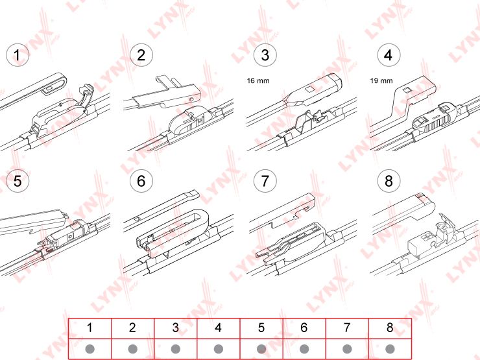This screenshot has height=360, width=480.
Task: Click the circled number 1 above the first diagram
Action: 18,55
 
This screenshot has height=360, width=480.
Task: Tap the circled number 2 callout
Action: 141,55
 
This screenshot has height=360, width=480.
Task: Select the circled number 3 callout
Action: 264,55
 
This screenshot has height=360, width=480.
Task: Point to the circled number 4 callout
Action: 388,55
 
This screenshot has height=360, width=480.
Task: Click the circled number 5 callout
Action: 18,181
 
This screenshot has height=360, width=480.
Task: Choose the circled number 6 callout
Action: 141,181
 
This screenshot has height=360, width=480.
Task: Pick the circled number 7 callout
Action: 264,181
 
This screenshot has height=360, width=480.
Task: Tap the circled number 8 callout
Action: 388,181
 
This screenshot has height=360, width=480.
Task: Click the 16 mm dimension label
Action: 258,81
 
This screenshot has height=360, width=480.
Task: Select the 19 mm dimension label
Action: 381,81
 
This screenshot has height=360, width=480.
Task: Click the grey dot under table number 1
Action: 90,348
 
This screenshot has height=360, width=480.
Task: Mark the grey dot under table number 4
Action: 218,348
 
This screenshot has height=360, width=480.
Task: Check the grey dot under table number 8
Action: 389,348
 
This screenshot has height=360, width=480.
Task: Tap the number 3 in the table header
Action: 175,328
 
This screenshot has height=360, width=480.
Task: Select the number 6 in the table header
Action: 304,328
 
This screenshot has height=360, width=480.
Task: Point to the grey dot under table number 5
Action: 261,348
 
